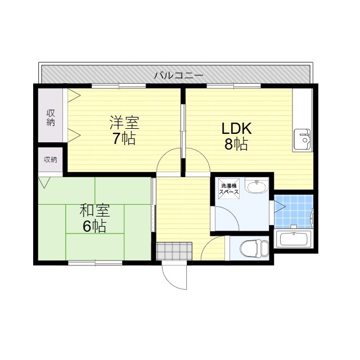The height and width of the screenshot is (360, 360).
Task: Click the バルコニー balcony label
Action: click(179, 75)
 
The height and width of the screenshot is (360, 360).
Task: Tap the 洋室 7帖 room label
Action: click(124, 130)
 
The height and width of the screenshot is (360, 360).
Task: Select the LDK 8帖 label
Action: click(236, 136)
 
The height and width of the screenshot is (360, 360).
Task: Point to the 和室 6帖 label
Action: click(94, 218)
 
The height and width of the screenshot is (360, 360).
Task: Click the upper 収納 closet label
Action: click(51, 118)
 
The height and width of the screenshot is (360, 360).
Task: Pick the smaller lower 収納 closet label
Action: click(51, 159)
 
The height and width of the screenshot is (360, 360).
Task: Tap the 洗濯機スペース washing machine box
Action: click(229, 189)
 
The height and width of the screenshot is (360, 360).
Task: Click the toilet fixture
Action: click(254, 248)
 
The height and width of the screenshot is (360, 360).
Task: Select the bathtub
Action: click(293, 238)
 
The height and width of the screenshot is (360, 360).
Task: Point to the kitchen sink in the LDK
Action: click(303, 139)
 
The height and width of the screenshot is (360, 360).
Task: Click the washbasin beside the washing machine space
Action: click(256, 187)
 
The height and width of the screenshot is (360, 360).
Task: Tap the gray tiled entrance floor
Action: click(174, 251)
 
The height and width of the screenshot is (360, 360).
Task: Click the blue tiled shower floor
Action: click(294, 211)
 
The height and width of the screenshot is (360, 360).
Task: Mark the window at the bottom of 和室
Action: click(95, 263)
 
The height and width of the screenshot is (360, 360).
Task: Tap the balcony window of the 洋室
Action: click(119, 86)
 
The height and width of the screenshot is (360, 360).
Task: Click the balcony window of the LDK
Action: click(234, 86)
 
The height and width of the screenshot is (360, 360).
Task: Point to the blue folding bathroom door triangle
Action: click(280, 206)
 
